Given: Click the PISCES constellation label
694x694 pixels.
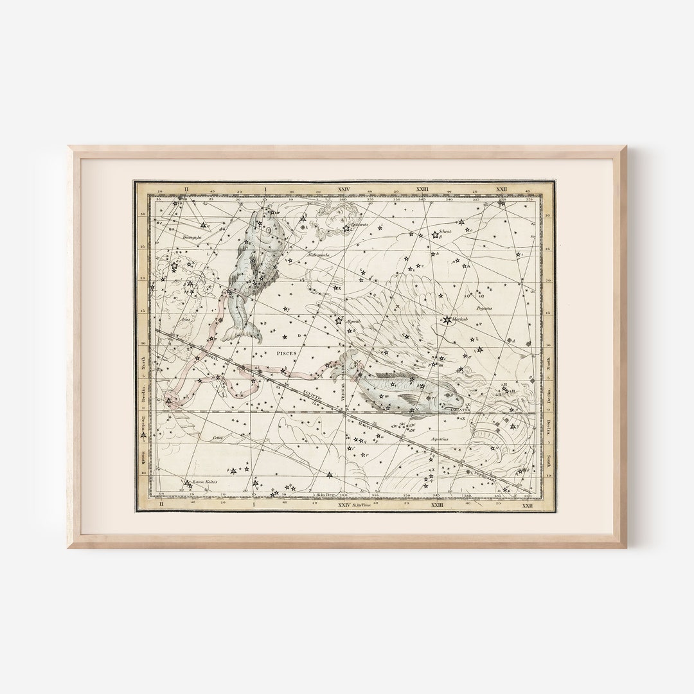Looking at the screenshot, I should point(283,353).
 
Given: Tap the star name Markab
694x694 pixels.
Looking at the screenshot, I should point(461,319).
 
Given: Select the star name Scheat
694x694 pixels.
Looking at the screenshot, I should point(444,232).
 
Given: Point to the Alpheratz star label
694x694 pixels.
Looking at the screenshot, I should point(359,226).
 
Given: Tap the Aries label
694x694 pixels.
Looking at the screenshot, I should point(187,319).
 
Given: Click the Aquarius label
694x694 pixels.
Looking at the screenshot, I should point(440,440).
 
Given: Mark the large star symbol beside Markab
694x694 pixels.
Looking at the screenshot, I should point(447,319).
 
